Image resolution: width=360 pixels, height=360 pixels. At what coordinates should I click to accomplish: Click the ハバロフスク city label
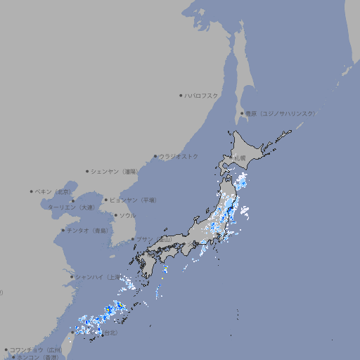coord(202,95)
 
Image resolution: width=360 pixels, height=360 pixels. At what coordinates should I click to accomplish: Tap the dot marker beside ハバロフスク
coord(181,95)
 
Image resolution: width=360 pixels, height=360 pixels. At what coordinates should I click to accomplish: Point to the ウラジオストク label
coord(179,156)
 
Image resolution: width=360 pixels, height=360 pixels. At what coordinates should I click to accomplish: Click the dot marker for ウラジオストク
coord(155,156)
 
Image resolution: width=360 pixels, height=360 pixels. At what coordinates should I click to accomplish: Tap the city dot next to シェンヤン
coord(87,171)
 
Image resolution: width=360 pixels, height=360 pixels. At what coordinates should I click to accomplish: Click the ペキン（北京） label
coord(53,191)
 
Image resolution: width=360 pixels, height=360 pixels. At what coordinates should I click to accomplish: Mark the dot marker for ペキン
coord(32,191)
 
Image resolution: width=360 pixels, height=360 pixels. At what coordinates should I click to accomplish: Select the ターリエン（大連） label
coord(71,208)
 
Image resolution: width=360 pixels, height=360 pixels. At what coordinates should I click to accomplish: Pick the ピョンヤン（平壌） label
coord(133,200)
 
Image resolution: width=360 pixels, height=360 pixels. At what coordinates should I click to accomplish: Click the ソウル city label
coord(127,215)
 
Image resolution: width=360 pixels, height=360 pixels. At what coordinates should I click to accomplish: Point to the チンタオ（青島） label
coord(88,231)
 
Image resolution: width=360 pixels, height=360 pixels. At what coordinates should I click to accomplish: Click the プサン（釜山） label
coord(154,239)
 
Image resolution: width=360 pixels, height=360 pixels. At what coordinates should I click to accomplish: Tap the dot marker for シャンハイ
coord(72,277)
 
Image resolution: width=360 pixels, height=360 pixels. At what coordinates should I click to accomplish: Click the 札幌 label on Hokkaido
coord(240,157)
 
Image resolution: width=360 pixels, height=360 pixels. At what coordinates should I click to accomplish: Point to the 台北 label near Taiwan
coord(111,333)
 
